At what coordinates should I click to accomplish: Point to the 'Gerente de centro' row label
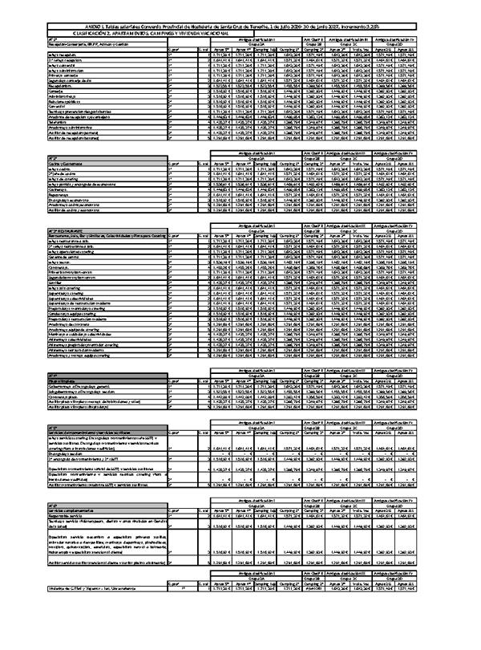point(64,255)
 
